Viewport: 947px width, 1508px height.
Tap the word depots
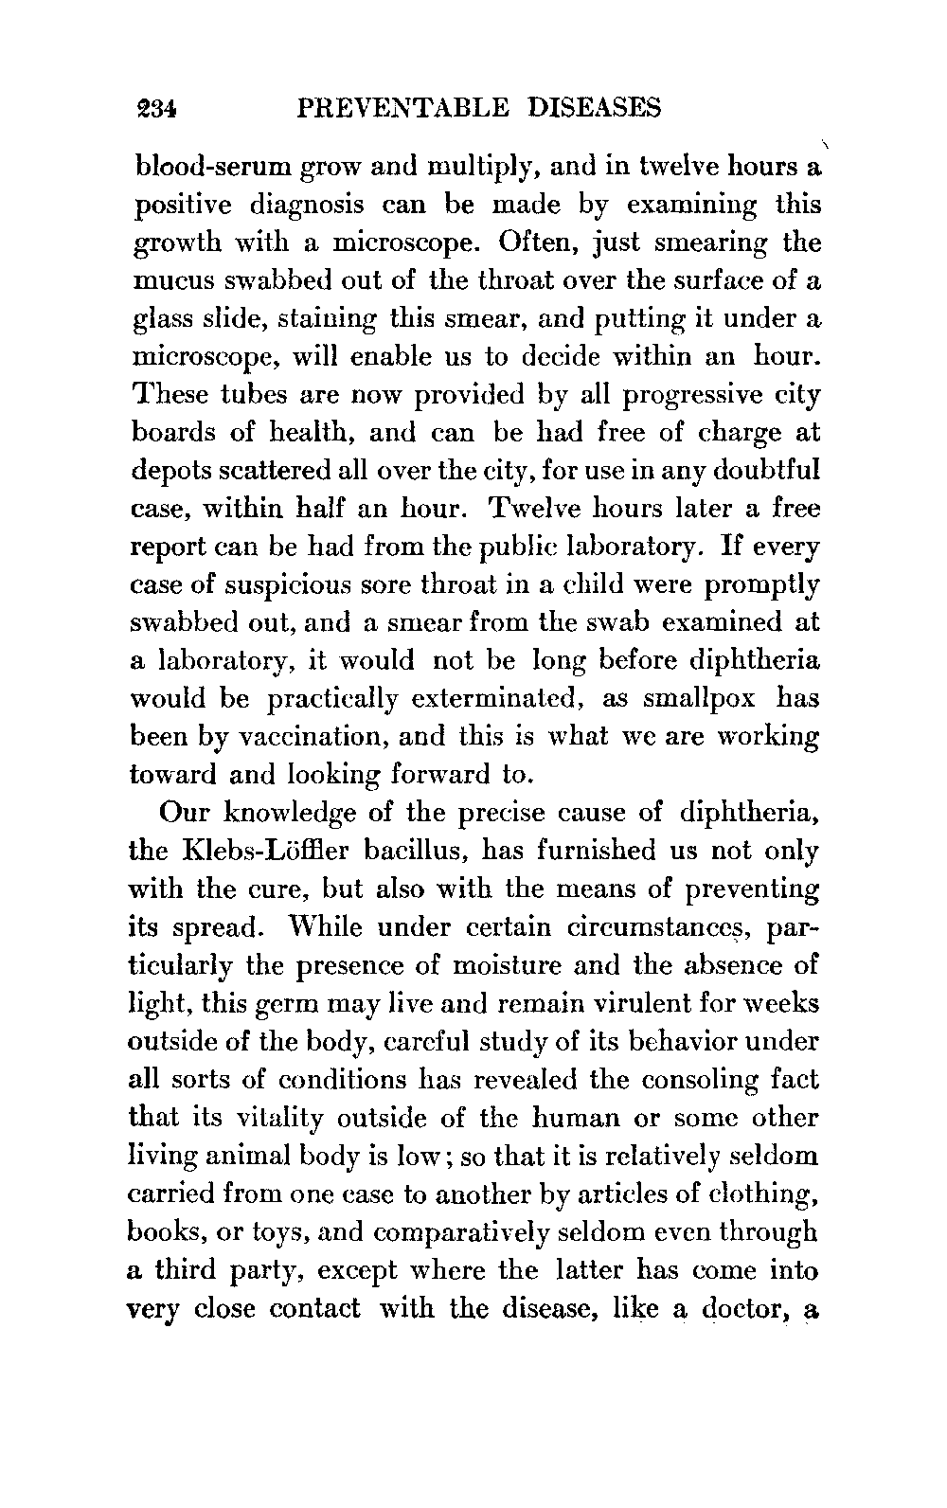(x=167, y=472)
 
